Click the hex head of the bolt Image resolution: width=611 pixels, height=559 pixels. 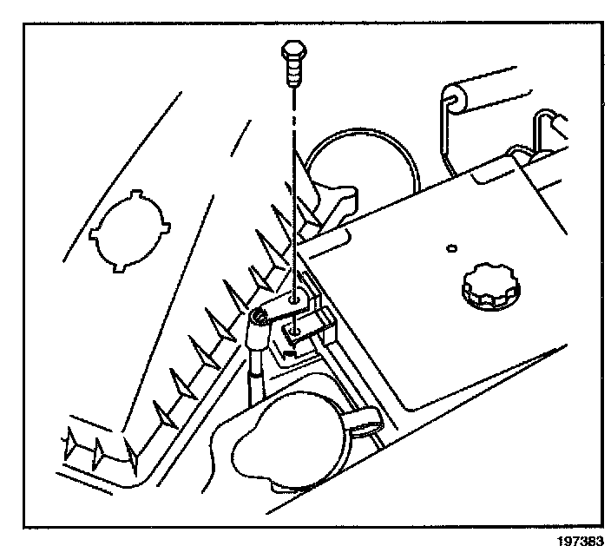tap(292, 55)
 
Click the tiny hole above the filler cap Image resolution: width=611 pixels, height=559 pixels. tap(450, 249)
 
